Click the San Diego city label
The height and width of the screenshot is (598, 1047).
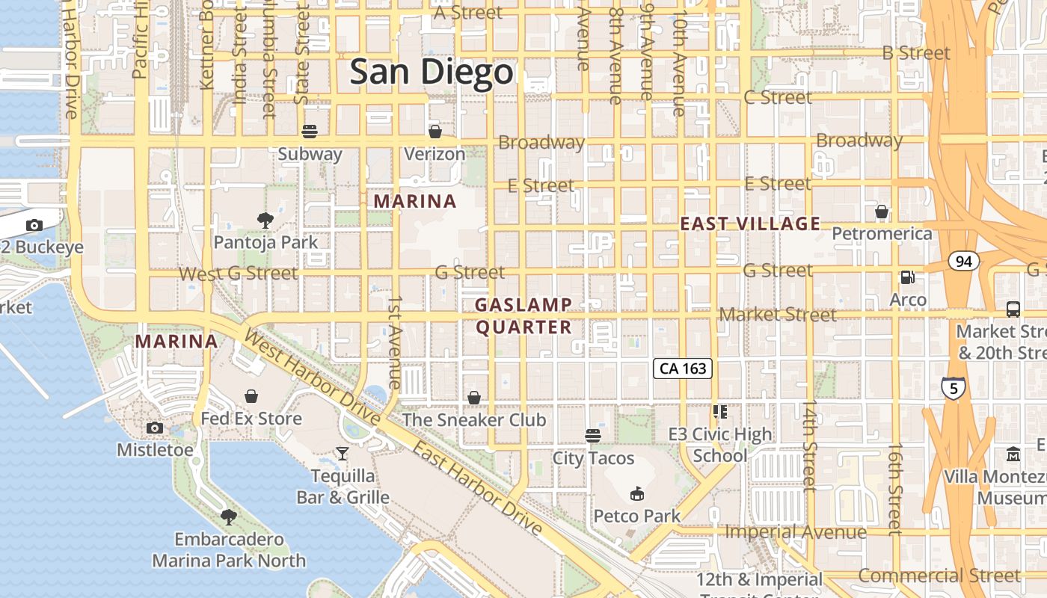pyautogui.click(x=432, y=73)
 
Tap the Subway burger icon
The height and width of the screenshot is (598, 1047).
pyautogui.click(x=310, y=132)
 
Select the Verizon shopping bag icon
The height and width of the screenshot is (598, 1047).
pyautogui.click(x=435, y=132)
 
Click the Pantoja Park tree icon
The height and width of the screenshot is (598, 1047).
pyautogui.click(x=265, y=221)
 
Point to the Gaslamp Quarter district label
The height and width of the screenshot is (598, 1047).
pyautogui.click(x=523, y=316)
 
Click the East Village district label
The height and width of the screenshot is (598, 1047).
pyautogui.click(x=750, y=224)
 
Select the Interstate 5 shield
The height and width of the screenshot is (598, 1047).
pyautogui.click(x=953, y=388)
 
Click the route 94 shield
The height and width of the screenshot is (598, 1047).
pyautogui.click(x=963, y=261)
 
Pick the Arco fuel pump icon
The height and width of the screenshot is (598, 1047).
pyautogui.click(x=908, y=277)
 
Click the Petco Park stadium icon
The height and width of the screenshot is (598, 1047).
pyautogui.click(x=637, y=493)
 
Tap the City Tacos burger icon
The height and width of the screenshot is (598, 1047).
pyautogui.click(x=593, y=435)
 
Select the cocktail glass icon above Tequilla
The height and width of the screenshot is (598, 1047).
pyautogui.click(x=342, y=453)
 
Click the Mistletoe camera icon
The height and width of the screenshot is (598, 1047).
pyautogui.click(x=155, y=428)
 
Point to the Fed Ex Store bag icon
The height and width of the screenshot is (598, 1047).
pyautogui.click(x=251, y=395)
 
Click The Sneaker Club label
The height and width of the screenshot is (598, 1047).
pyautogui.click(x=474, y=420)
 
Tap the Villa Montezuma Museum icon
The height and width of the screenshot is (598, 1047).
pyautogui.click(x=1013, y=454)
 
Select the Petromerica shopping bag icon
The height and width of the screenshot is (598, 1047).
pyautogui.click(x=882, y=212)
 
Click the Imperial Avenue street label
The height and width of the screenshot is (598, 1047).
pyautogui.click(x=796, y=532)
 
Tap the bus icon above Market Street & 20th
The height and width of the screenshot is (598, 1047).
pyautogui.click(x=1013, y=309)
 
